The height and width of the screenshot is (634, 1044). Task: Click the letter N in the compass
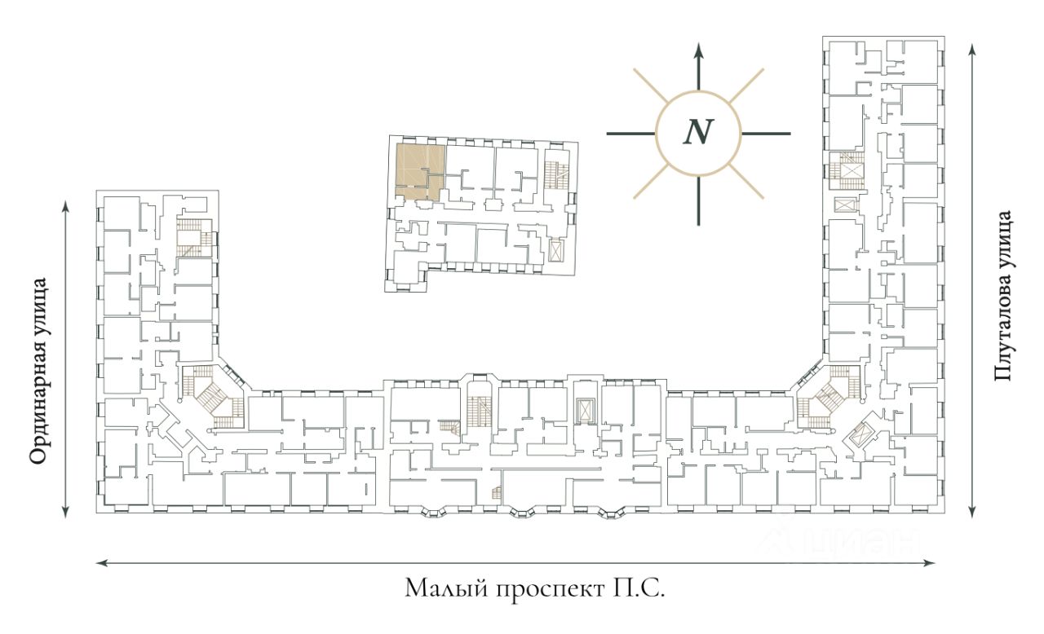tap(697, 132)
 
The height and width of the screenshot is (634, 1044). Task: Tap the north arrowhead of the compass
tap(698, 48)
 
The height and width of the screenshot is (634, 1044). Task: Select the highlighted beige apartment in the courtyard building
tap(419, 171)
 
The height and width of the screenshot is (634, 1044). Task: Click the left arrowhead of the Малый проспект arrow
tap(100, 561)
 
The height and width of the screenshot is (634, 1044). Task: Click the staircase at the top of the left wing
tap(194, 237)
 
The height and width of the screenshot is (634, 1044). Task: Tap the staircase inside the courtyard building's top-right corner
tap(556, 172)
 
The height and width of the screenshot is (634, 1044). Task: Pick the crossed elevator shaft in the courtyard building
tap(556, 250)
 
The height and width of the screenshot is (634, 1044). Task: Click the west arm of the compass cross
tap(630, 133)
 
